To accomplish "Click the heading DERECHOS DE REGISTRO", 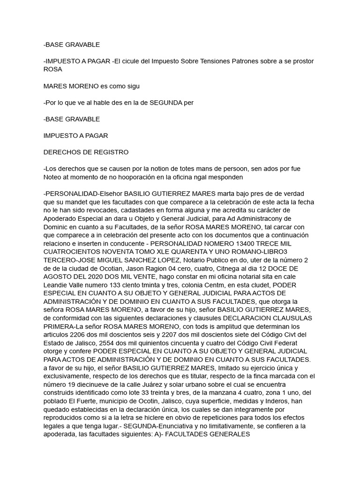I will pos(86,152).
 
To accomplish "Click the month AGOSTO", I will pos(60,277).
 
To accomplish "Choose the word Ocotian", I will pos(99,269).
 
